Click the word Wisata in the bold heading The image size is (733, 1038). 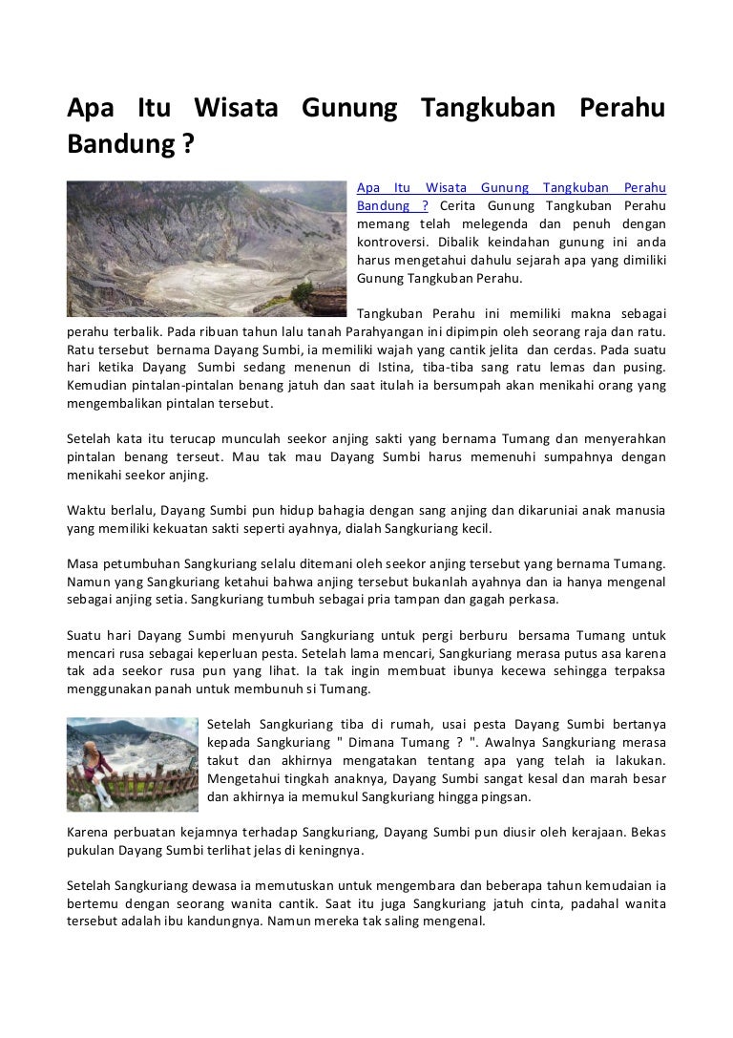click(236, 109)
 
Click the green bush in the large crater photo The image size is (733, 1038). click(304, 290)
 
